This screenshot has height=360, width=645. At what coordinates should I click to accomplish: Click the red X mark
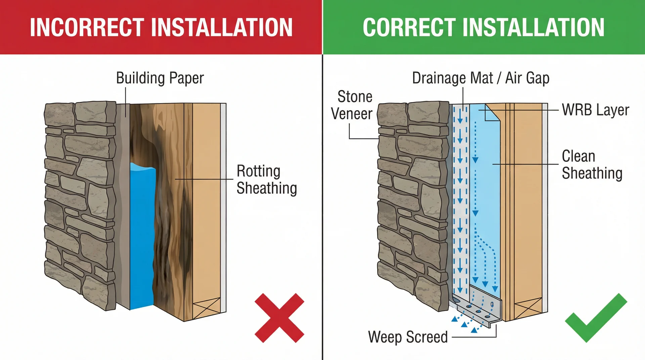click(x=279, y=318)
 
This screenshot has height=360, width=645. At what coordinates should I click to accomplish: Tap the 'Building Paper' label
click(x=160, y=78)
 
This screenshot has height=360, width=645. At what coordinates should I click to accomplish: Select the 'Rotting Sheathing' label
click(x=266, y=180)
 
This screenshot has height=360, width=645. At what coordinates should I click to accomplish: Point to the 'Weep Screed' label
click(x=408, y=337)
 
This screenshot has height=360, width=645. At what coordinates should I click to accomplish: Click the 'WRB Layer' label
click(x=595, y=110)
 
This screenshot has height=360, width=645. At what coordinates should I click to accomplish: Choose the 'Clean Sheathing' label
click(x=592, y=165)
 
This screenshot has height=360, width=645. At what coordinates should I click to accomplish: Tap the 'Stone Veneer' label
click(x=352, y=105)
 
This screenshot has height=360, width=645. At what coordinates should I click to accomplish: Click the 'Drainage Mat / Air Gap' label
click(x=480, y=78)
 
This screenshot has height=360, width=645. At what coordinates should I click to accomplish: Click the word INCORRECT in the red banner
click(x=87, y=27)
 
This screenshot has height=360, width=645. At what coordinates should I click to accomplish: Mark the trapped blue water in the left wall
click(x=142, y=235)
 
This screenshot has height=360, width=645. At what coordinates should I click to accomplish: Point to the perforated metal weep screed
click(x=477, y=307)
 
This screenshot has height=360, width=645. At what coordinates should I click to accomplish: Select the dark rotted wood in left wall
click(x=168, y=201)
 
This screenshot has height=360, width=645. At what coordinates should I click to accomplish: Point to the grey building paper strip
click(x=124, y=201)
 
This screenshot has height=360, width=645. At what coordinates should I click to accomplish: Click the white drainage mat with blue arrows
click(x=460, y=201)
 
